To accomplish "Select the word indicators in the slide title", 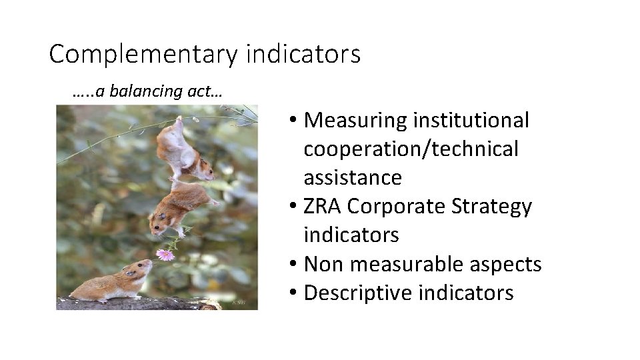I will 303,54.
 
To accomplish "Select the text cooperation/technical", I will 411,149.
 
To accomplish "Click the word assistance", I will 353,178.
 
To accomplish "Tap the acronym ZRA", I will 323,207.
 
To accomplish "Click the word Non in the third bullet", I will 324,265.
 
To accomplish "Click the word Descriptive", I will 359,293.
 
